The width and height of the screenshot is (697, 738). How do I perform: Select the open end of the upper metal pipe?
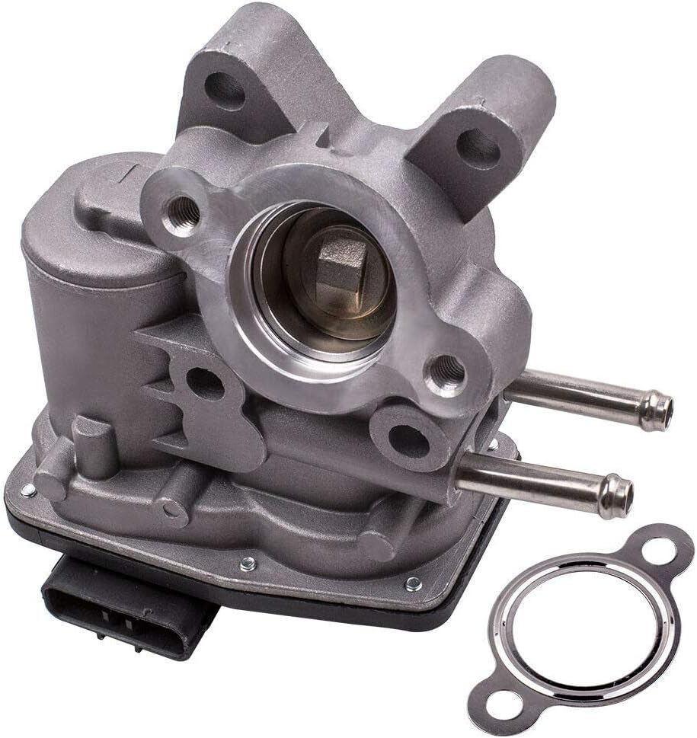click(663, 411)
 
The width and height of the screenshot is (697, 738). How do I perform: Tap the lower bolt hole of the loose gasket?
click(500, 702)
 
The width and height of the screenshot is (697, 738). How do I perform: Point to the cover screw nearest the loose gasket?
click(413, 584)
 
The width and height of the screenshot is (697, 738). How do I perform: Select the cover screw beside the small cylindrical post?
click(29, 490)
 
